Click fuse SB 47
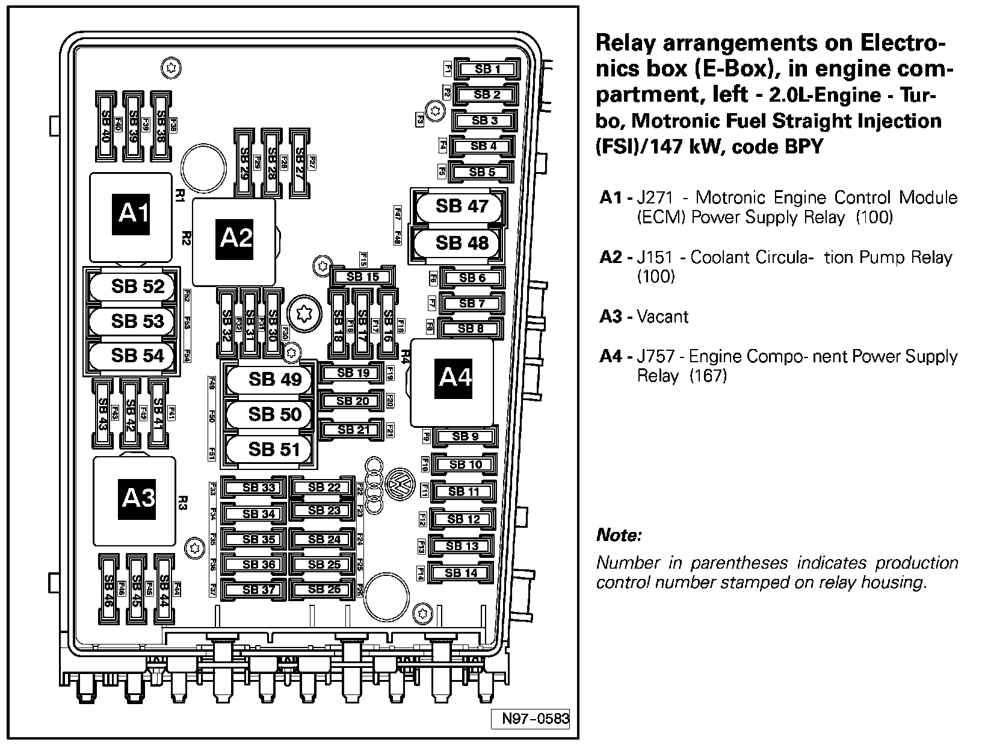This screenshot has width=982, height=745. [x=461, y=206]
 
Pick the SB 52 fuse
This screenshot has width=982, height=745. [x=137, y=286]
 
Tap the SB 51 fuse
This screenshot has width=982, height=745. [x=273, y=450]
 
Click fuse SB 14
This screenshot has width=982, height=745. [x=461, y=573]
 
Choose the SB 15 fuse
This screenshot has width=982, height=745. [x=363, y=277]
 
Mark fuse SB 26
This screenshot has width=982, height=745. [x=324, y=589]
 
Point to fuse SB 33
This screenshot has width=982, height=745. [x=259, y=487]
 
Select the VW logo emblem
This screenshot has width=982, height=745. [x=398, y=483]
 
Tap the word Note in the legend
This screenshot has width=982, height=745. [x=619, y=534]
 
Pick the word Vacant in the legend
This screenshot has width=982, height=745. [x=662, y=317]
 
